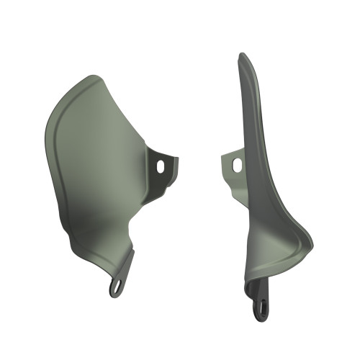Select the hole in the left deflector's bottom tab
pos(115,287)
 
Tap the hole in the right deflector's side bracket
pos(237,165)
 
